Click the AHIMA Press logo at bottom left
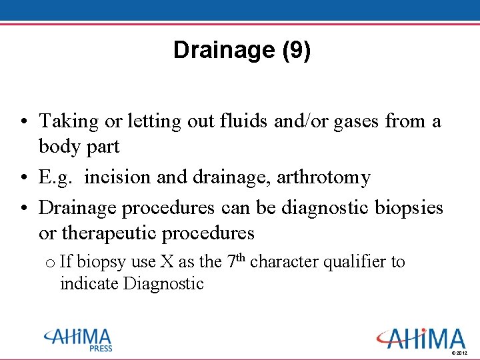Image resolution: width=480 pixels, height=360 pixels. pyautogui.click(x=79, y=339)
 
